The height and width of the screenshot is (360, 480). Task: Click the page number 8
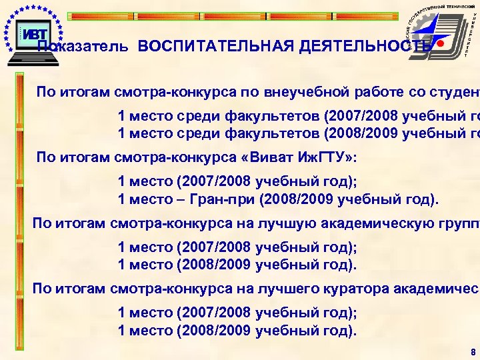click(x=473, y=351)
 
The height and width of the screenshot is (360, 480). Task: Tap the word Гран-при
click(x=227, y=199)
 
